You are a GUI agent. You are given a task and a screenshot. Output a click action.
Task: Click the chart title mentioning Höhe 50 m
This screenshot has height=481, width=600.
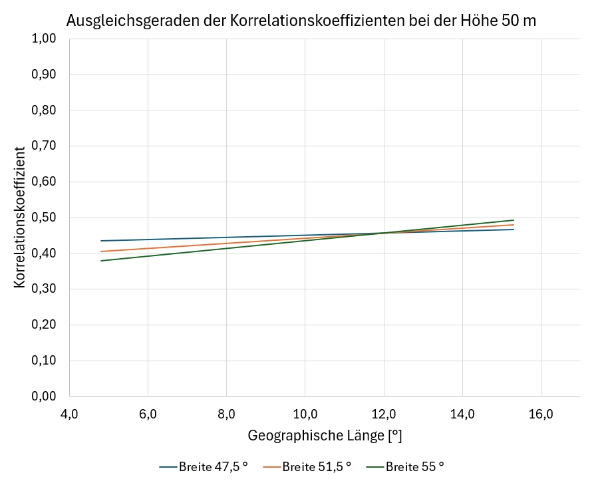point(301,21)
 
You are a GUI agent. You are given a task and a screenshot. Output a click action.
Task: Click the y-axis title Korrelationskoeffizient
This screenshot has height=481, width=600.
point(20,218)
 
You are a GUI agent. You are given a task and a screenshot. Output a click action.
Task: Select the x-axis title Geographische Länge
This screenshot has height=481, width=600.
point(325,436)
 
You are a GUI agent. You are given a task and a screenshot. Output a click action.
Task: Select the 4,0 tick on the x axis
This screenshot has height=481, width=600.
point(69,414)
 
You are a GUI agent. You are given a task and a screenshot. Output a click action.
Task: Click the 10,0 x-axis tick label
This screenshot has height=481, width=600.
point(305,414)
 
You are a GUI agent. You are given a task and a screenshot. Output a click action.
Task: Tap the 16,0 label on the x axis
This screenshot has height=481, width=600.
point(541,414)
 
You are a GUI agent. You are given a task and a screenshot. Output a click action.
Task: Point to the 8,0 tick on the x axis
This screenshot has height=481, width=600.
point(226,414)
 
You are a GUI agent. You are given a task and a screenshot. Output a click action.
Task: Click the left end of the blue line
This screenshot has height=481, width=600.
point(101,241)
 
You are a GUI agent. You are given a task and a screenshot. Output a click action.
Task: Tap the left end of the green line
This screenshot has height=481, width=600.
point(101,261)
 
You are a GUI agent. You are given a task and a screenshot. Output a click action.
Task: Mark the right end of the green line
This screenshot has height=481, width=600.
point(514,220)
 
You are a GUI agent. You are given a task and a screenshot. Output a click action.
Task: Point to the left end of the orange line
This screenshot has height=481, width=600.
point(101,251)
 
